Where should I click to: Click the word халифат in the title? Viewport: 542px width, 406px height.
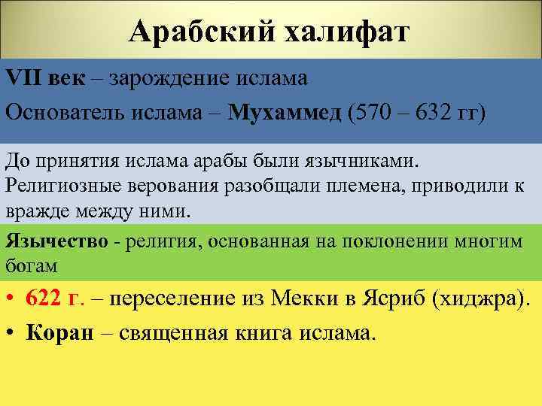(x=346, y=32)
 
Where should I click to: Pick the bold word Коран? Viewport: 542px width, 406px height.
(x=59, y=333)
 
